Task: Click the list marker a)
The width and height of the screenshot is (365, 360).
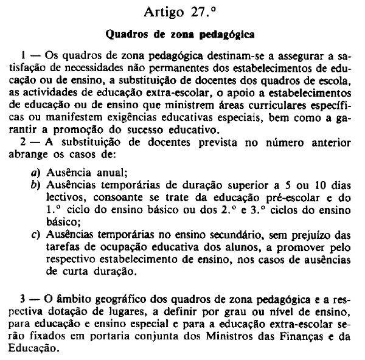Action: pyautogui.click(x=36, y=173)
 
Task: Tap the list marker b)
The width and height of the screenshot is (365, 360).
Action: pyautogui.click(x=36, y=185)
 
